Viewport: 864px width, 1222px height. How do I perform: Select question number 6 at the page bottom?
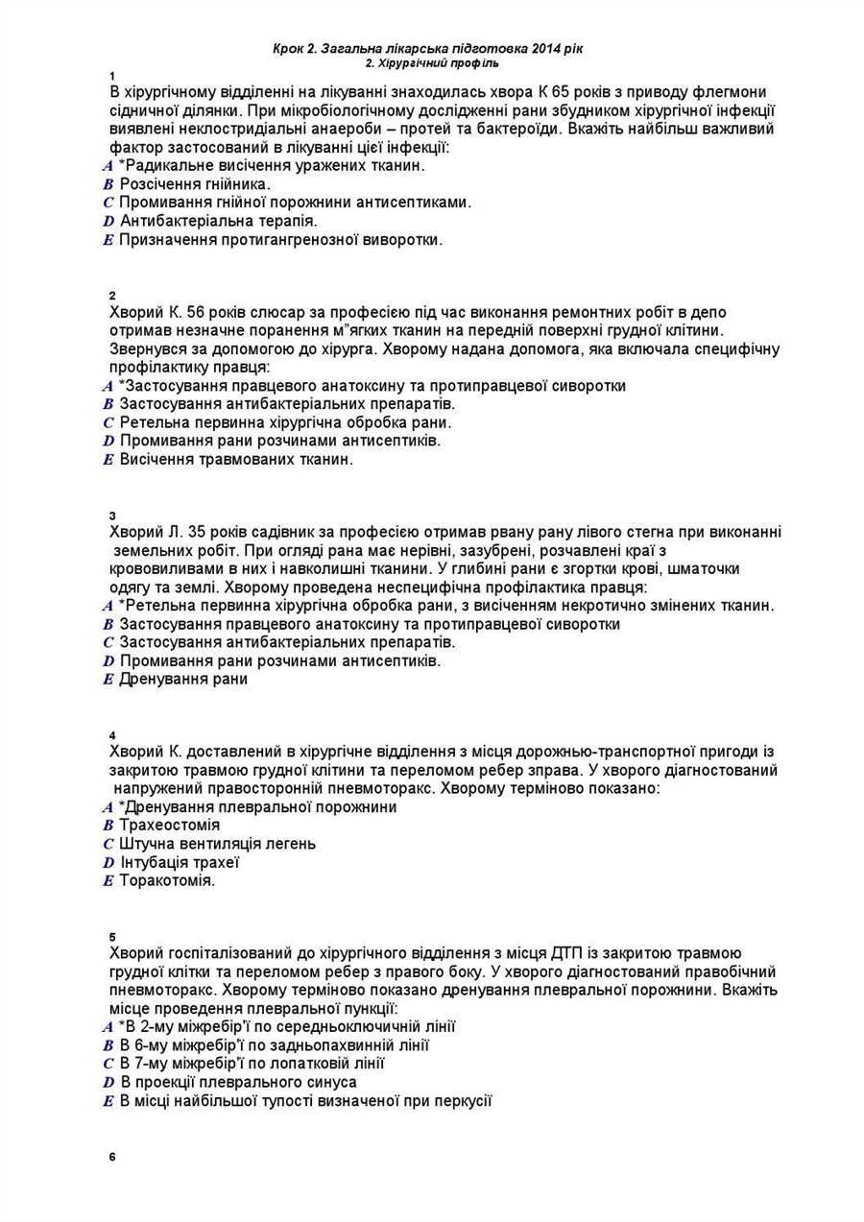click(x=113, y=1156)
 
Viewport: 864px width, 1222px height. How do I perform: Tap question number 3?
click(x=113, y=515)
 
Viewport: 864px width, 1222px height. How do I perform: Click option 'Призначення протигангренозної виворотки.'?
click(x=280, y=240)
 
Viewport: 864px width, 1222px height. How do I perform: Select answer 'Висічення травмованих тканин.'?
click(x=236, y=460)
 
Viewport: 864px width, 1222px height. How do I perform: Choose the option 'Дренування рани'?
click(x=182, y=680)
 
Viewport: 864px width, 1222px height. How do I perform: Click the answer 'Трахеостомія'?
click(x=169, y=826)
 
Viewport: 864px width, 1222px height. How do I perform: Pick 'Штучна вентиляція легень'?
click(x=217, y=844)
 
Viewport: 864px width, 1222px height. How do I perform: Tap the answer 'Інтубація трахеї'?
click(x=179, y=862)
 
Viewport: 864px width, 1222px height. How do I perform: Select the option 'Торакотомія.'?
click(x=167, y=880)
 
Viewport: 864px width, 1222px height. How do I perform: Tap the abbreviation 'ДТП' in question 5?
click(x=569, y=953)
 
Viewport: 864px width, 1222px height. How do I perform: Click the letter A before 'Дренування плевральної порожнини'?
click(x=108, y=807)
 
